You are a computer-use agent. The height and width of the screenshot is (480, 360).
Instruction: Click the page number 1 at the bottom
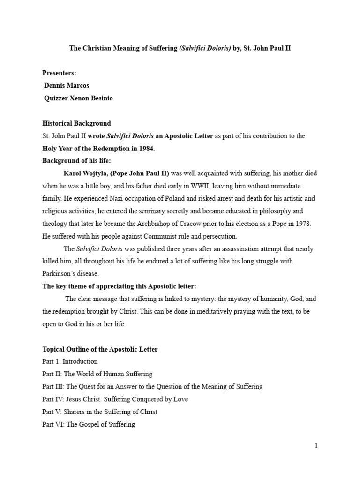316,445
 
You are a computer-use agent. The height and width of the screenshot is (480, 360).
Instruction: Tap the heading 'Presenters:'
59,73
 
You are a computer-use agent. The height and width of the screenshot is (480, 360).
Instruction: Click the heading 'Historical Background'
77,123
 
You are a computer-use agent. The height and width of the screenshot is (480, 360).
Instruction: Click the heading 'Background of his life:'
76,161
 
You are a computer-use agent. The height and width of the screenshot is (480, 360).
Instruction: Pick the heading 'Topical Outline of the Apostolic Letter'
100,349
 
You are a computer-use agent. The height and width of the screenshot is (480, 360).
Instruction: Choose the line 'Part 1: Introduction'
70,361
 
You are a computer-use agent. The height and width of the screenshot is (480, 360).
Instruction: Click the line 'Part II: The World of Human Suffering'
97,374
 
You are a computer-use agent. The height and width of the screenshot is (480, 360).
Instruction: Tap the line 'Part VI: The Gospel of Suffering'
89,424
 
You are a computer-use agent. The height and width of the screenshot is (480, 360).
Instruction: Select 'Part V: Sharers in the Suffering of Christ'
100,412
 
